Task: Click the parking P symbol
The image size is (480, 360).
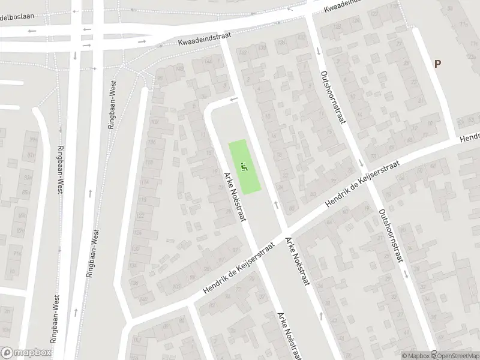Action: click(x=437, y=64)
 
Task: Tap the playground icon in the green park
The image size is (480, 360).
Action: click(x=243, y=166)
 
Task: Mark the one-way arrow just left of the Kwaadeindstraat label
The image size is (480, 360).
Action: click(x=143, y=43)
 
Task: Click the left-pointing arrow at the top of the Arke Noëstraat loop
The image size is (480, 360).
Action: click(x=233, y=99)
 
